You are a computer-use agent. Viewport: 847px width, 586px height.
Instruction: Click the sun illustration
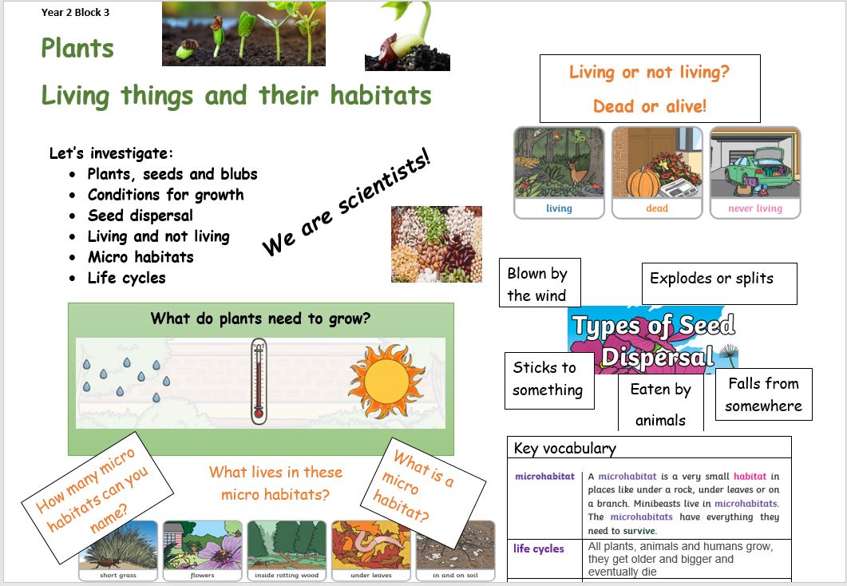(386, 382)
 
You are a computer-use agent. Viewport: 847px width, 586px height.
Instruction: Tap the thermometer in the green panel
(259, 382)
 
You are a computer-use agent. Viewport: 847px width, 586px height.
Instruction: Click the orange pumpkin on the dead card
(643, 183)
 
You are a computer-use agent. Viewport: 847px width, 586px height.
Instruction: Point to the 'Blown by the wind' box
(540, 283)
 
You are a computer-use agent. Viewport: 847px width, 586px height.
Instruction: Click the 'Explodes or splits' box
(719, 283)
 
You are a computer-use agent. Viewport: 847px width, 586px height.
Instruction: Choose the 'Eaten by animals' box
(661, 403)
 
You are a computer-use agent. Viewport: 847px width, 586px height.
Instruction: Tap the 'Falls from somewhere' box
(764, 394)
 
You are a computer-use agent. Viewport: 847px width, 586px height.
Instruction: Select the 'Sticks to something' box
(549, 381)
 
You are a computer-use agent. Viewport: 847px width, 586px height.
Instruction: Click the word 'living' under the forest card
(559, 208)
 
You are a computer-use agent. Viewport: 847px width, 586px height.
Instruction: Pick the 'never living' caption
(755, 208)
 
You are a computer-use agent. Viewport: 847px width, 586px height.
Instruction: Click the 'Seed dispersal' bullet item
(140, 216)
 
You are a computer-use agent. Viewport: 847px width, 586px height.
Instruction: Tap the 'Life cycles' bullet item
(126, 278)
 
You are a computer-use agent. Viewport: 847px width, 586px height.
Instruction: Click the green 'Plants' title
(77, 48)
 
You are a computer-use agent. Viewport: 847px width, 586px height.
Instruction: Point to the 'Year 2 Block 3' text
(75, 13)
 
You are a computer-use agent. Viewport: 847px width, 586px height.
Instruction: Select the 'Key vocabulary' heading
(565, 448)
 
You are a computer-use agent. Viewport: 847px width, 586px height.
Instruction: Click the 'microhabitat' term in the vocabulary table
(544, 477)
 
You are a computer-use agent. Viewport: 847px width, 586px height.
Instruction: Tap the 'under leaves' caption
(371, 575)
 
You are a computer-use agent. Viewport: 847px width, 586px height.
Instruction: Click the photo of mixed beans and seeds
(437, 244)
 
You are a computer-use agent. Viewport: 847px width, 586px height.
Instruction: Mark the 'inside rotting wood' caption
(287, 575)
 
